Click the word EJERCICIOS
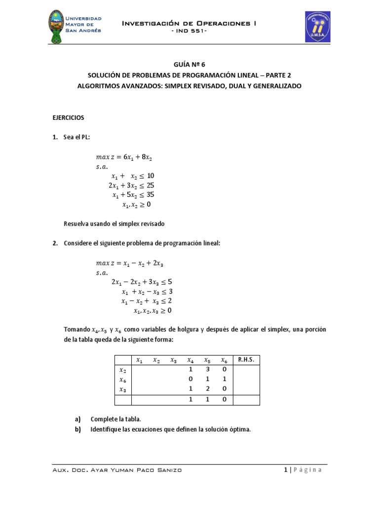coord(69,118)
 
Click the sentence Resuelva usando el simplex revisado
coord(114,223)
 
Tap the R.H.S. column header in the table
coord(246,360)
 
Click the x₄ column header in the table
coord(190,360)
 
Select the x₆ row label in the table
coord(123,379)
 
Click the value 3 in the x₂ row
coord(207,369)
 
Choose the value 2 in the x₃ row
coord(207,389)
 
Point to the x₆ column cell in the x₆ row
coord(224,379)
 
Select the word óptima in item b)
coord(240,429)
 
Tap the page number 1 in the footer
coord(286,469)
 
